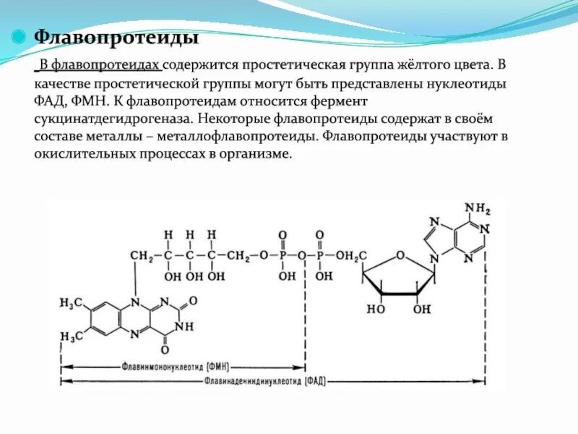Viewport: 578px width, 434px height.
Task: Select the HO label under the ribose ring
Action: (375, 310)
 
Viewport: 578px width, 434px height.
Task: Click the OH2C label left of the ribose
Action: (352, 256)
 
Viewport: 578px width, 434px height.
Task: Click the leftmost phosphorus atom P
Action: (282, 256)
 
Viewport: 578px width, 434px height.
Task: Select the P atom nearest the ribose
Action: (321, 256)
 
